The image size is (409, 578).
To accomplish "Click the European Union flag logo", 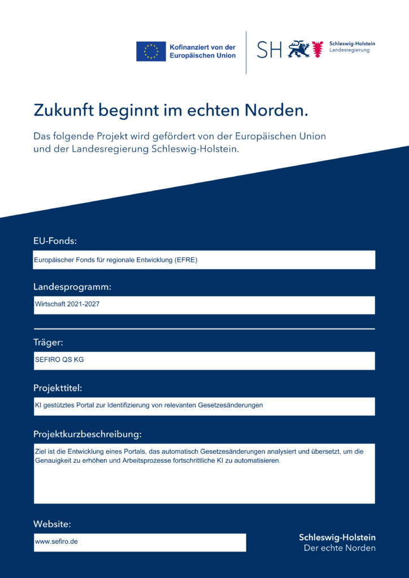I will (151, 51).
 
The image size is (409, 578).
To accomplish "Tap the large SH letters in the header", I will (269, 50).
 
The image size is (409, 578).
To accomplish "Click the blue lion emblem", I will (299, 50).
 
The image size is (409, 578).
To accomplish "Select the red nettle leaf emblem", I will (317, 50).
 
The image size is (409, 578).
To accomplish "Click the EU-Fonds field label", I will (55, 241).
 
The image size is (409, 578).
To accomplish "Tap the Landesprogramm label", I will (72, 287).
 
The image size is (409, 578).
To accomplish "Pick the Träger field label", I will (48, 342).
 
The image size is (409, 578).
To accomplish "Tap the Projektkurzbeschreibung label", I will (87, 434).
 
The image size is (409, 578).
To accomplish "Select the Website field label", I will (52, 524).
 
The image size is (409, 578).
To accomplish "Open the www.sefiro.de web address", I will (56, 541).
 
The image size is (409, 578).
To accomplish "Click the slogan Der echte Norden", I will (339, 548).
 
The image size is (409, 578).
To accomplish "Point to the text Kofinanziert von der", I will (202, 47).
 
